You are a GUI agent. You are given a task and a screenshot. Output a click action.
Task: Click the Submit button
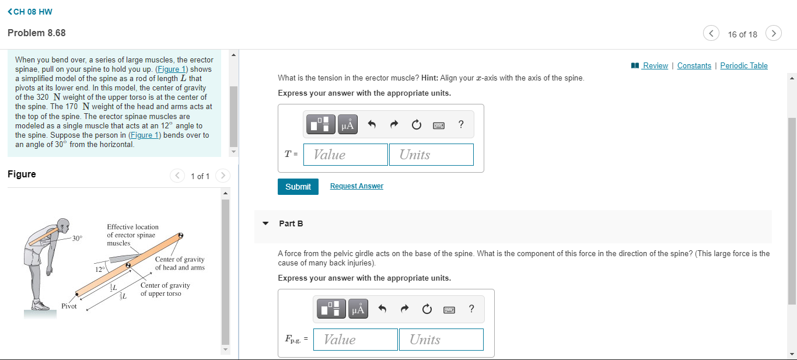[x=298, y=187]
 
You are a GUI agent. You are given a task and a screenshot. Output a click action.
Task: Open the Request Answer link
[x=356, y=186]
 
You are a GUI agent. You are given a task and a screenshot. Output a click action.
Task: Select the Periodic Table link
[x=744, y=66]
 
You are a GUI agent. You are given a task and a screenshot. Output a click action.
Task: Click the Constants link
[x=694, y=66]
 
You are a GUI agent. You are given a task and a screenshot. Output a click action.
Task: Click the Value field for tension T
[x=346, y=155]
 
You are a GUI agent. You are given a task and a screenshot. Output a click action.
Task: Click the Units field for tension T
[x=431, y=155]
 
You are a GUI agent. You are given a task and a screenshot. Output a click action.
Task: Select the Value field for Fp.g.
[x=355, y=340]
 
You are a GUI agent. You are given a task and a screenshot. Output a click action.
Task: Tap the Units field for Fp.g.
[x=441, y=340]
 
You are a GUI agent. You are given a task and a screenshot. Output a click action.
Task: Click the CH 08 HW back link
[x=30, y=12]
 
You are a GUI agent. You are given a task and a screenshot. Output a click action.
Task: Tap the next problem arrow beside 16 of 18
[x=774, y=33]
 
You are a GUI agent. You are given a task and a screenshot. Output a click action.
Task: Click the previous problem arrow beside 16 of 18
[x=711, y=33]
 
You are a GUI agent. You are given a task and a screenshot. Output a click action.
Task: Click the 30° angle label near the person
[x=77, y=238]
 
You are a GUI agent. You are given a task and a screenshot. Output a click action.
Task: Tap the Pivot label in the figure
[x=69, y=306]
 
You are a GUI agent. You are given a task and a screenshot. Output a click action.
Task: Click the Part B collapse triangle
[x=266, y=223]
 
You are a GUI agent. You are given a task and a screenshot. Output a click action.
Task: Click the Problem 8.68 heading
[x=37, y=33]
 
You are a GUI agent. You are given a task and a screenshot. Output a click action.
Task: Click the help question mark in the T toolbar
[x=461, y=124]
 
